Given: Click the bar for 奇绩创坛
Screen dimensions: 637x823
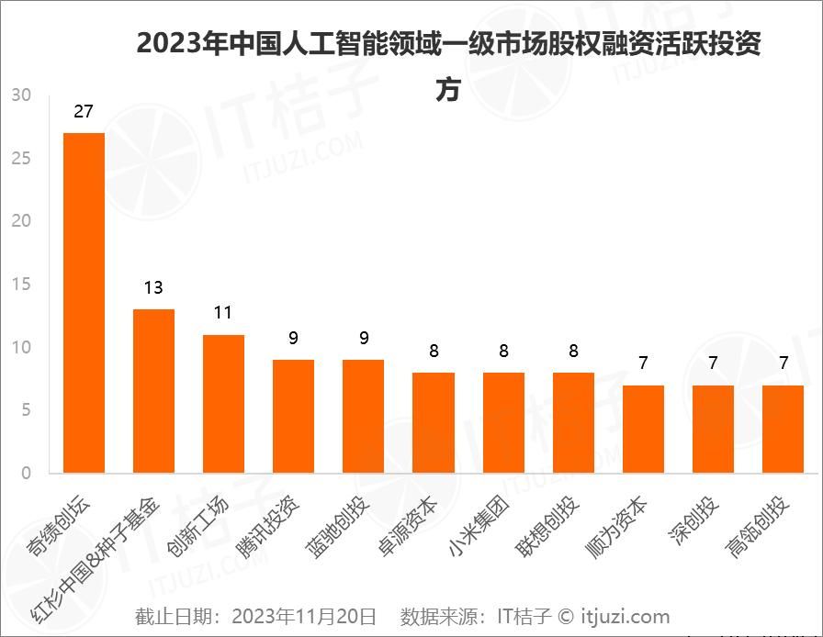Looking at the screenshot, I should point(84,303).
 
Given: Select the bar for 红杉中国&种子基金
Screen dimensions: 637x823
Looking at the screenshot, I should point(153,391).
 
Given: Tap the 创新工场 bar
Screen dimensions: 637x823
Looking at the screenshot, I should point(223,404).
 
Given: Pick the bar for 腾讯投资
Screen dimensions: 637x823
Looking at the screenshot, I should point(293,416).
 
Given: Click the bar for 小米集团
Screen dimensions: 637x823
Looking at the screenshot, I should point(503,422).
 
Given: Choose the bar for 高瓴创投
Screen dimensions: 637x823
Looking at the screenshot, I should point(783,429).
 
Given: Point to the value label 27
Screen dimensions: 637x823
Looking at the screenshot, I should point(84,112).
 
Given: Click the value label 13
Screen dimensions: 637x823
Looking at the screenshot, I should point(153,288).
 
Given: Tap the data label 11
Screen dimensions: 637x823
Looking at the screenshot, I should point(223,313).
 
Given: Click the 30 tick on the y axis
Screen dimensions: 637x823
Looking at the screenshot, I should point(21,95).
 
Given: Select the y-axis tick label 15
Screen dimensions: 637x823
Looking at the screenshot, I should point(21,285).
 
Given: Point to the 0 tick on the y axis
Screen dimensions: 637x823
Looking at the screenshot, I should point(26,474).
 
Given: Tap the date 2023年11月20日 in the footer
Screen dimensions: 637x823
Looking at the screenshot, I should point(303,616).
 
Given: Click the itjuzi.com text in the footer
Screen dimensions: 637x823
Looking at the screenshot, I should point(625,616).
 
